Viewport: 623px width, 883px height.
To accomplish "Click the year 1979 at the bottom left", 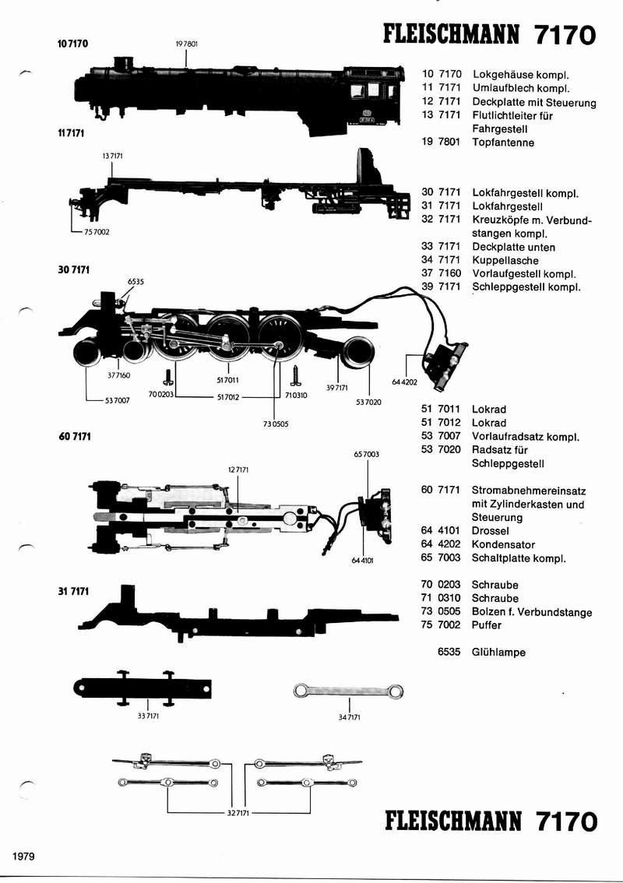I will (25, 856).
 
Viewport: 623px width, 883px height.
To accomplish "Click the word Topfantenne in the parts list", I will (503, 142).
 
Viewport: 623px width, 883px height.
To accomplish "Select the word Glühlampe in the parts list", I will (498, 653).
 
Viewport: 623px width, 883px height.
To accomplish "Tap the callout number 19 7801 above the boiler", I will (187, 44).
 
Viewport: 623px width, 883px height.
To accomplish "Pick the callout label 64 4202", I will (405, 382).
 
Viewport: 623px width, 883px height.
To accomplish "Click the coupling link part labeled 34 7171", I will (348, 691).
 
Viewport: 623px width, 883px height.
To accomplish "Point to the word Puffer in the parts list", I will (487, 625).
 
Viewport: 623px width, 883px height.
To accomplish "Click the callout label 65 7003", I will (366, 453).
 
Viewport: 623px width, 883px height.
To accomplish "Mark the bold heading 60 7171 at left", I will (75, 436).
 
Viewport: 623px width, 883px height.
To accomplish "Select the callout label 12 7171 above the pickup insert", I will (238, 470).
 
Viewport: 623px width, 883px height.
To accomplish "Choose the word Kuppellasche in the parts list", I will (505, 260).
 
